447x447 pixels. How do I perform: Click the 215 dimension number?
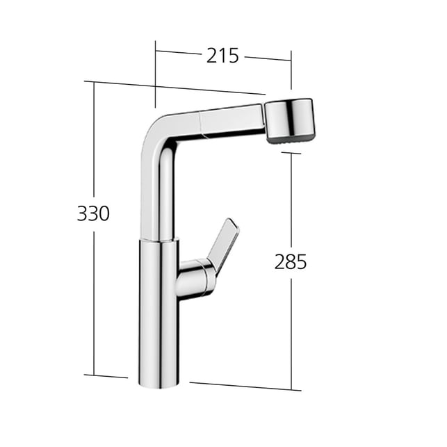click(222, 56)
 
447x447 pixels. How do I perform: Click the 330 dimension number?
click(93, 213)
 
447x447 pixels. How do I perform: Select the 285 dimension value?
click(291, 262)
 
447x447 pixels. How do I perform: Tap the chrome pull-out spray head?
click(288, 120)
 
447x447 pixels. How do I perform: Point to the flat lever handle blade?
click(225, 242)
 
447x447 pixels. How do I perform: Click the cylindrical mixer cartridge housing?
click(194, 279)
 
